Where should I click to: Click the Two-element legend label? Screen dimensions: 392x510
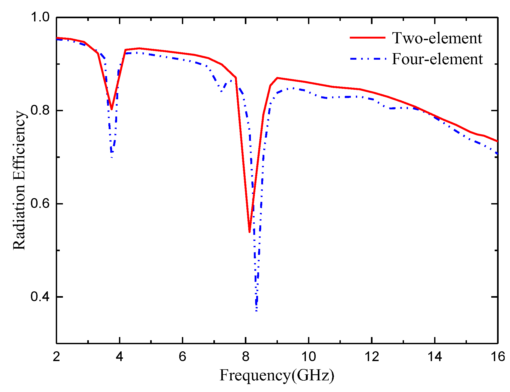437,38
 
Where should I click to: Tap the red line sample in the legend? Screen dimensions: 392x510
367,38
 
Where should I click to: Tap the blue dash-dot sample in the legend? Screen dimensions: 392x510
367,59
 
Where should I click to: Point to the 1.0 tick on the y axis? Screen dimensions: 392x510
40,17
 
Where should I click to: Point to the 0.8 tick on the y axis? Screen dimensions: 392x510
40,110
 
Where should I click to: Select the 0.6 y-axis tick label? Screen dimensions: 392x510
40,204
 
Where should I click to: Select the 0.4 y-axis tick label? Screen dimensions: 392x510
40,297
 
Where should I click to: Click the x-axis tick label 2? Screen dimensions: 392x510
56,357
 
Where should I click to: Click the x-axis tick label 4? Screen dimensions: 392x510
120,357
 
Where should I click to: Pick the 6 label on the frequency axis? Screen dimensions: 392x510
182,357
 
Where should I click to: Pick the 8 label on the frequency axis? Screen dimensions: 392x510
246,357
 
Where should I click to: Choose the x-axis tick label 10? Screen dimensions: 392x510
309,357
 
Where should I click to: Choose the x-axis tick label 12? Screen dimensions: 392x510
372,357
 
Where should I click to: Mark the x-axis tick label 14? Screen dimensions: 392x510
435,357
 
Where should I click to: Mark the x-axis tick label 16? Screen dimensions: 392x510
498,357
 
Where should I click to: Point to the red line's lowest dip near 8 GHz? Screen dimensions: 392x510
249,232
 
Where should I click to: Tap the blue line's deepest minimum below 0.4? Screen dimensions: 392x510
256,311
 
